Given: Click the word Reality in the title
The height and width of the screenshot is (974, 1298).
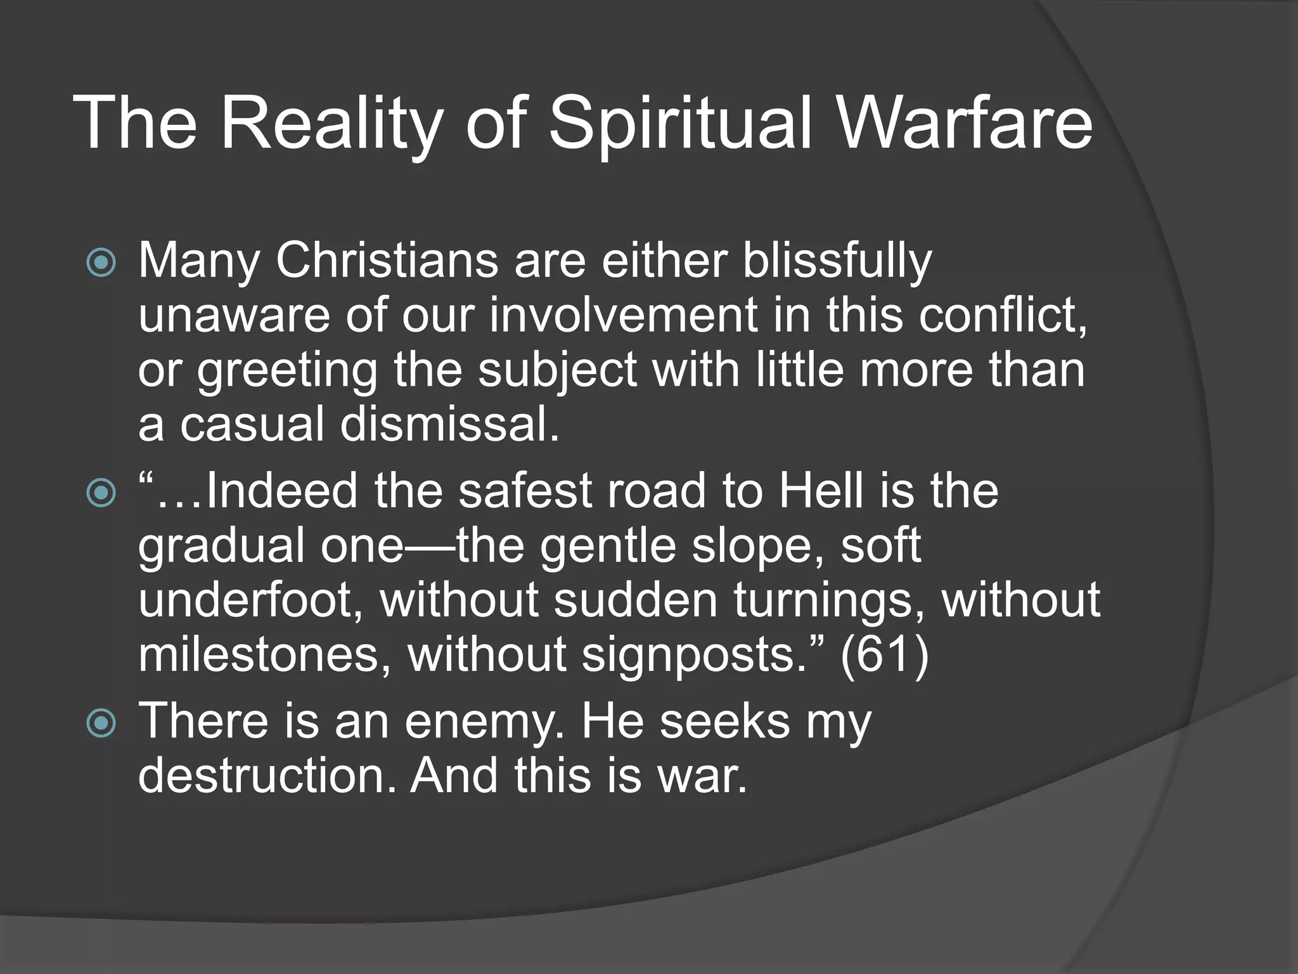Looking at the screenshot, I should tap(330, 124).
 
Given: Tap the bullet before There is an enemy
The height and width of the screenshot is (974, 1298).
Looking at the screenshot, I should tap(101, 724).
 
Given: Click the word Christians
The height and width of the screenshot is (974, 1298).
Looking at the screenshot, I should tap(387, 261).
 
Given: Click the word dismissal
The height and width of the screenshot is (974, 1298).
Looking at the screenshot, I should tap(450, 424).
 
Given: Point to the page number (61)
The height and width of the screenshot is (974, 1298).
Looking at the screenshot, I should tap(885, 656).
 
